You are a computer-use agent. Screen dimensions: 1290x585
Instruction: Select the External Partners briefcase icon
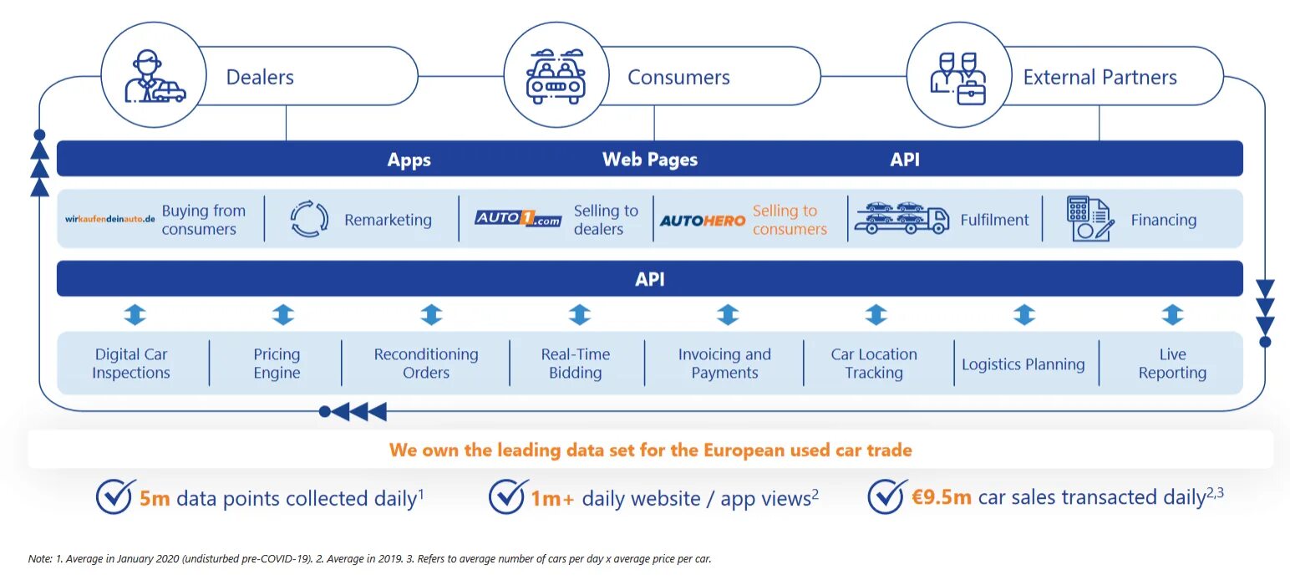point(958,77)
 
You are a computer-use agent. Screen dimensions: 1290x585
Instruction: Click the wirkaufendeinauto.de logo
point(110,220)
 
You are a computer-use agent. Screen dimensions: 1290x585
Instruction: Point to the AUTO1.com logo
point(518,219)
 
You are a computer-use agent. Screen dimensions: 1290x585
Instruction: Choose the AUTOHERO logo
point(702,221)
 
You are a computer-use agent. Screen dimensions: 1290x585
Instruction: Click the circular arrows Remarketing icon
point(309,220)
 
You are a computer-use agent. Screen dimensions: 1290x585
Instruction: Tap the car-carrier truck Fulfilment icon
point(901,220)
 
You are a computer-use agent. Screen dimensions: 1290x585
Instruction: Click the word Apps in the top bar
point(409,160)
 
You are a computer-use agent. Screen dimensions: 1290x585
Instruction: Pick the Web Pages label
point(649,160)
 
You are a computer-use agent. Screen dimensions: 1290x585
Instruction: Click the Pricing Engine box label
point(277,364)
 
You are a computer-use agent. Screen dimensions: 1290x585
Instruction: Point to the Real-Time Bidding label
point(575,364)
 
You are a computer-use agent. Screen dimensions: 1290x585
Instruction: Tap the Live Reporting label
point(1172,364)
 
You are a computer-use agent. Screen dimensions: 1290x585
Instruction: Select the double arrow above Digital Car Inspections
point(135,315)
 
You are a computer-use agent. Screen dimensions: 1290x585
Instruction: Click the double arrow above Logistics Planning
point(1023,315)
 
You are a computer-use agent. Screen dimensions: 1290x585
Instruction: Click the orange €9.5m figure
point(941,497)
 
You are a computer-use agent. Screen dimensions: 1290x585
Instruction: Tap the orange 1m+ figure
point(552,499)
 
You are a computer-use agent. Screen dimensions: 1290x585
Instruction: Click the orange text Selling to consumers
point(789,220)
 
